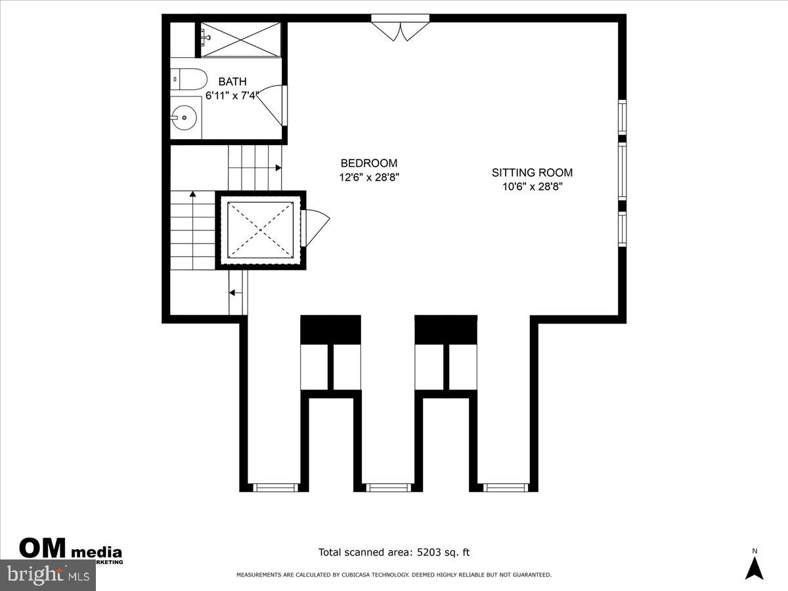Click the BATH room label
pos(232,82)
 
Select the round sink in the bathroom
pos(184,119)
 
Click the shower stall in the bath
pos(240,39)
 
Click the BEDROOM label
pos(368,164)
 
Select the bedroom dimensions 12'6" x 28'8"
pos(368,177)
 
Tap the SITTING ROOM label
pos(532,173)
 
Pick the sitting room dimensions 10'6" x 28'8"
pos(532,186)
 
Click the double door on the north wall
pos(400,29)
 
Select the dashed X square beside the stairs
pos(260,230)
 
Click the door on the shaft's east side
pos(315,227)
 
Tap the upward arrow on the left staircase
pos(193,194)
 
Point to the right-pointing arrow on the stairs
pos(278,168)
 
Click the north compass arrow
pos(755,567)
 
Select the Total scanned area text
pos(394,553)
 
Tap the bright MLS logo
pos(47,575)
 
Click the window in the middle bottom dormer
pos(387,487)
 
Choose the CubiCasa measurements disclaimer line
pos(394,575)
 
